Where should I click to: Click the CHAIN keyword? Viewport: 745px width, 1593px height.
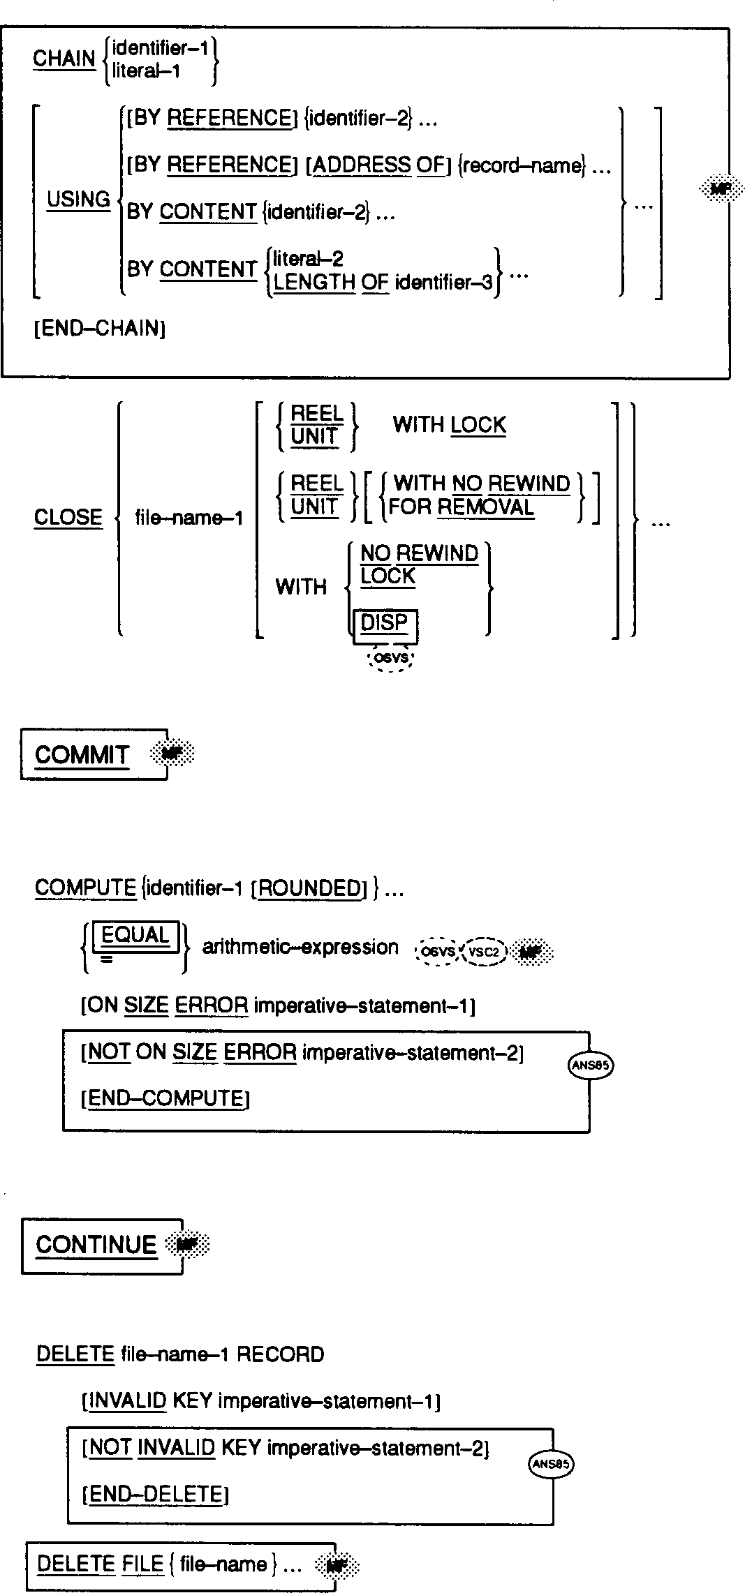point(64,59)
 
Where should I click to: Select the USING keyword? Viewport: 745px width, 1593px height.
point(78,200)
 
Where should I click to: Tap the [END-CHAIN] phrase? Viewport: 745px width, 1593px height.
point(99,329)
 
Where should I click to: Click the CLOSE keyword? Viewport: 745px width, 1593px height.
point(68,518)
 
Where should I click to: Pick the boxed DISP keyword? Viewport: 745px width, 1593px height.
point(384,622)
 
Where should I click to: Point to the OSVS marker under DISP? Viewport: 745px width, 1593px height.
point(391,657)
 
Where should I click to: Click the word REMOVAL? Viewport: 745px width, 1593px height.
point(485,507)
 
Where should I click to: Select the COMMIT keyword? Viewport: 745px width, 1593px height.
point(82,755)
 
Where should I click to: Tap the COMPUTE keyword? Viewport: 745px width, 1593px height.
point(85,888)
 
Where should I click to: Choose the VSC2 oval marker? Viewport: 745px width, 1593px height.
point(483,951)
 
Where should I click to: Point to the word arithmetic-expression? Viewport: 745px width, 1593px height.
point(300,948)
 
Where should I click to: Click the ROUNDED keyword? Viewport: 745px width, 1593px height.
point(309,888)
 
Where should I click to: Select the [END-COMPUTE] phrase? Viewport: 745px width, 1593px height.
point(165,1099)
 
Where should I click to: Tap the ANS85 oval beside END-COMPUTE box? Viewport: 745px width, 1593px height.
point(591,1065)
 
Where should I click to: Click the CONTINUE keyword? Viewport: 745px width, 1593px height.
point(96,1245)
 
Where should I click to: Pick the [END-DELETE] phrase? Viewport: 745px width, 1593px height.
point(156,1494)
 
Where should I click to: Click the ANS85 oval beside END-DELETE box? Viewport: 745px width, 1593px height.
point(551,1464)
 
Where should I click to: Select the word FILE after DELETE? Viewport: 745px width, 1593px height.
point(142,1564)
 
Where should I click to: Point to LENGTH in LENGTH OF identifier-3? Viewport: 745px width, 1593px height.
point(314,283)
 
